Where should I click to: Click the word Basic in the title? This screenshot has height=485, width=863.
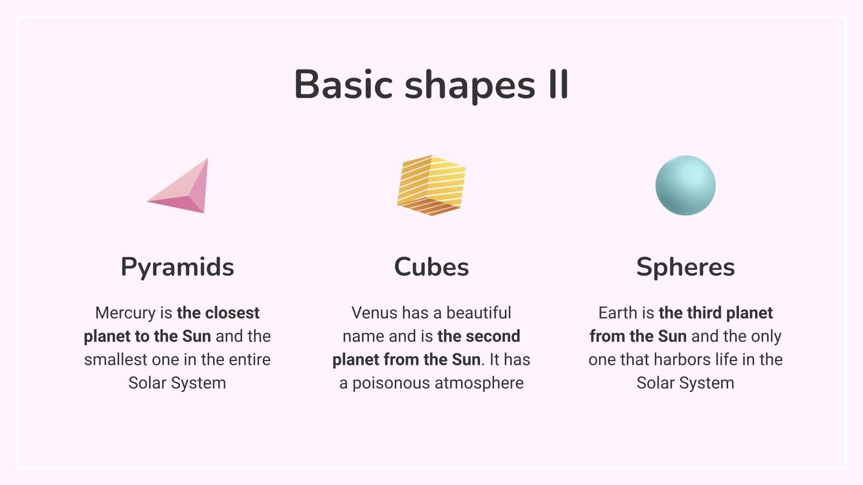coord(343,84)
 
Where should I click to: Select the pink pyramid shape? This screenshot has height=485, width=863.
coord(178,185)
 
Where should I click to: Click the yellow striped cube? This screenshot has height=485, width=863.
coord(432,185)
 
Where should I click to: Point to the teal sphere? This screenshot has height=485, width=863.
coord(686,185)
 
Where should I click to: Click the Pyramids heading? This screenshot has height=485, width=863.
coord(177,267)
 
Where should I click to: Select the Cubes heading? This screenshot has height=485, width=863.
coord(432,267)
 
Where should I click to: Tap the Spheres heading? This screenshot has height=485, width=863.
coord(686,267)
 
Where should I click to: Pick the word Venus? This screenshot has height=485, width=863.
coord(374,313)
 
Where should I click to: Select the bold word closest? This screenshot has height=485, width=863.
coord(232,313)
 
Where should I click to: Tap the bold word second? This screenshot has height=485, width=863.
coord(493,336)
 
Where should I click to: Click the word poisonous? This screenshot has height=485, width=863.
coord(391,383)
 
